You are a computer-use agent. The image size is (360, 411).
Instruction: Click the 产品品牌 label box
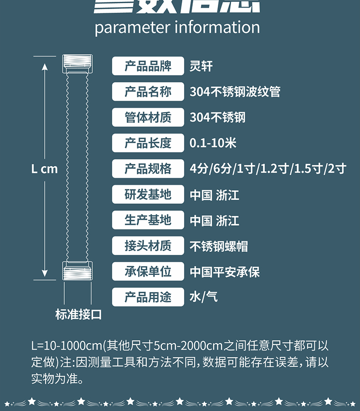tap(148, 66)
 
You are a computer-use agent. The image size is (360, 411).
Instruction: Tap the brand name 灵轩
tap(201, 66)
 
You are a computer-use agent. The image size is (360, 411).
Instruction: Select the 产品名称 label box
tap(148, 92)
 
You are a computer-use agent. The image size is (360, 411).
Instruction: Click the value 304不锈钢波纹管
tap(235, 92)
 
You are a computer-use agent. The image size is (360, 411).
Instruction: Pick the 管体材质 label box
tap(148, 117)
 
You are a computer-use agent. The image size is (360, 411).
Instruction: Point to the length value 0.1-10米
tap(213, 143)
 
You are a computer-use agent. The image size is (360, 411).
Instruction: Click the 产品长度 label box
tap(148, 143)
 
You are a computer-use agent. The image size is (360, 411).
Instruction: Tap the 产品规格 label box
tap(148, 168)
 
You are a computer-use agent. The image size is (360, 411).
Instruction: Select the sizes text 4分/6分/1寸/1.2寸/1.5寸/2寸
tap(267, 169)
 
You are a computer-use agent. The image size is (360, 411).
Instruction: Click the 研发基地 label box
tap(148, 194)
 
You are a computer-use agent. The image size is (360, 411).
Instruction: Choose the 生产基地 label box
tap(148, 220)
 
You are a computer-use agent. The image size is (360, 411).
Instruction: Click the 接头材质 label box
tap(148, 246)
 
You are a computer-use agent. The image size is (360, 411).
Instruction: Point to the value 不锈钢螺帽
tap(219, 246)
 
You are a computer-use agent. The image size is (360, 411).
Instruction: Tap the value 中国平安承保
tap(225, 272)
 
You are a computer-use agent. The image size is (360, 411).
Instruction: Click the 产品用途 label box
tap(148, 297)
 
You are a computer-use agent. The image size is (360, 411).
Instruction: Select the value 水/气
tap(203, 298)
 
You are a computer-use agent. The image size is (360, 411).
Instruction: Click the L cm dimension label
tap(45, 169)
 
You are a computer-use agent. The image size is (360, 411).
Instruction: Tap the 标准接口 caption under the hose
tap(78, 314)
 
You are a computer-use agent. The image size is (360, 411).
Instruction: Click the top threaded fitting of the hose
tap(77, 63)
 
